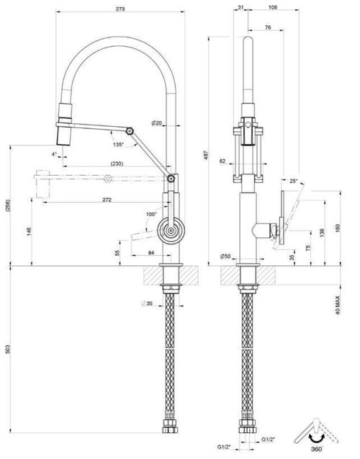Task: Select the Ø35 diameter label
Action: coord(147,303)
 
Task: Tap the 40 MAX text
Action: coord(338,303)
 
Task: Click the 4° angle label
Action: coord(54,154)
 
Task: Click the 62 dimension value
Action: coord(223,161)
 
